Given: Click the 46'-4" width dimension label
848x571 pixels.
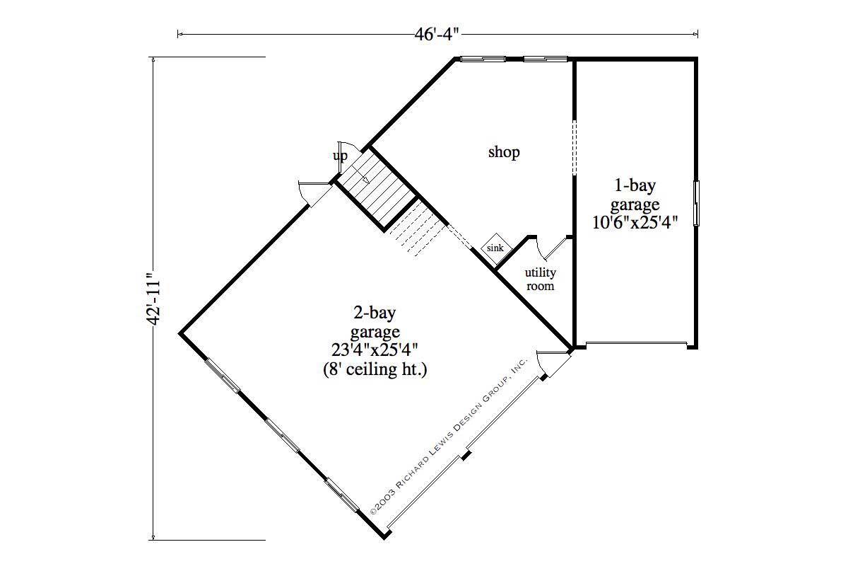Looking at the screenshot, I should (437, 33).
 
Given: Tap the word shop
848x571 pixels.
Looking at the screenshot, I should (504, 152).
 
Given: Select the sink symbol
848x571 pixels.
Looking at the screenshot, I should (495, 248).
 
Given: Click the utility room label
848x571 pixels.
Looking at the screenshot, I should (540, 279).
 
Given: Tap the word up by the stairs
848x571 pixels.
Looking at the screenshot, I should (341, 156).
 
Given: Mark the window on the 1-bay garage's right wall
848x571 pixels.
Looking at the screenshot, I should (697, 204).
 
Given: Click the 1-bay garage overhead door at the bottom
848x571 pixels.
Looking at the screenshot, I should (636, 345).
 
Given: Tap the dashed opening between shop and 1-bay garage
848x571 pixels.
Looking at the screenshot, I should (575, 146).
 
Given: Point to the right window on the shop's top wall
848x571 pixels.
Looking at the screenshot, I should (545, 59).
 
